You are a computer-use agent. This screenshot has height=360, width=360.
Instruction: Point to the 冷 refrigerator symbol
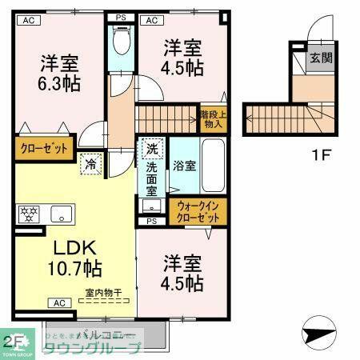pos(91,164)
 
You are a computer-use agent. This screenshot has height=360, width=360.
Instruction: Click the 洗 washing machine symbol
pos(152,149)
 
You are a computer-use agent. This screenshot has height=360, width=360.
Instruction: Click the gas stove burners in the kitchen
pos(29,214)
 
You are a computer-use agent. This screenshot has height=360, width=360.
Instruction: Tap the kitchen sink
pos(62,214)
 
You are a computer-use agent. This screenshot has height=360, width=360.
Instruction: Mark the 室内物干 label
pos(103,293)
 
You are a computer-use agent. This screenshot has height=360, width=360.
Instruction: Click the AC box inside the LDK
pos(58,303)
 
